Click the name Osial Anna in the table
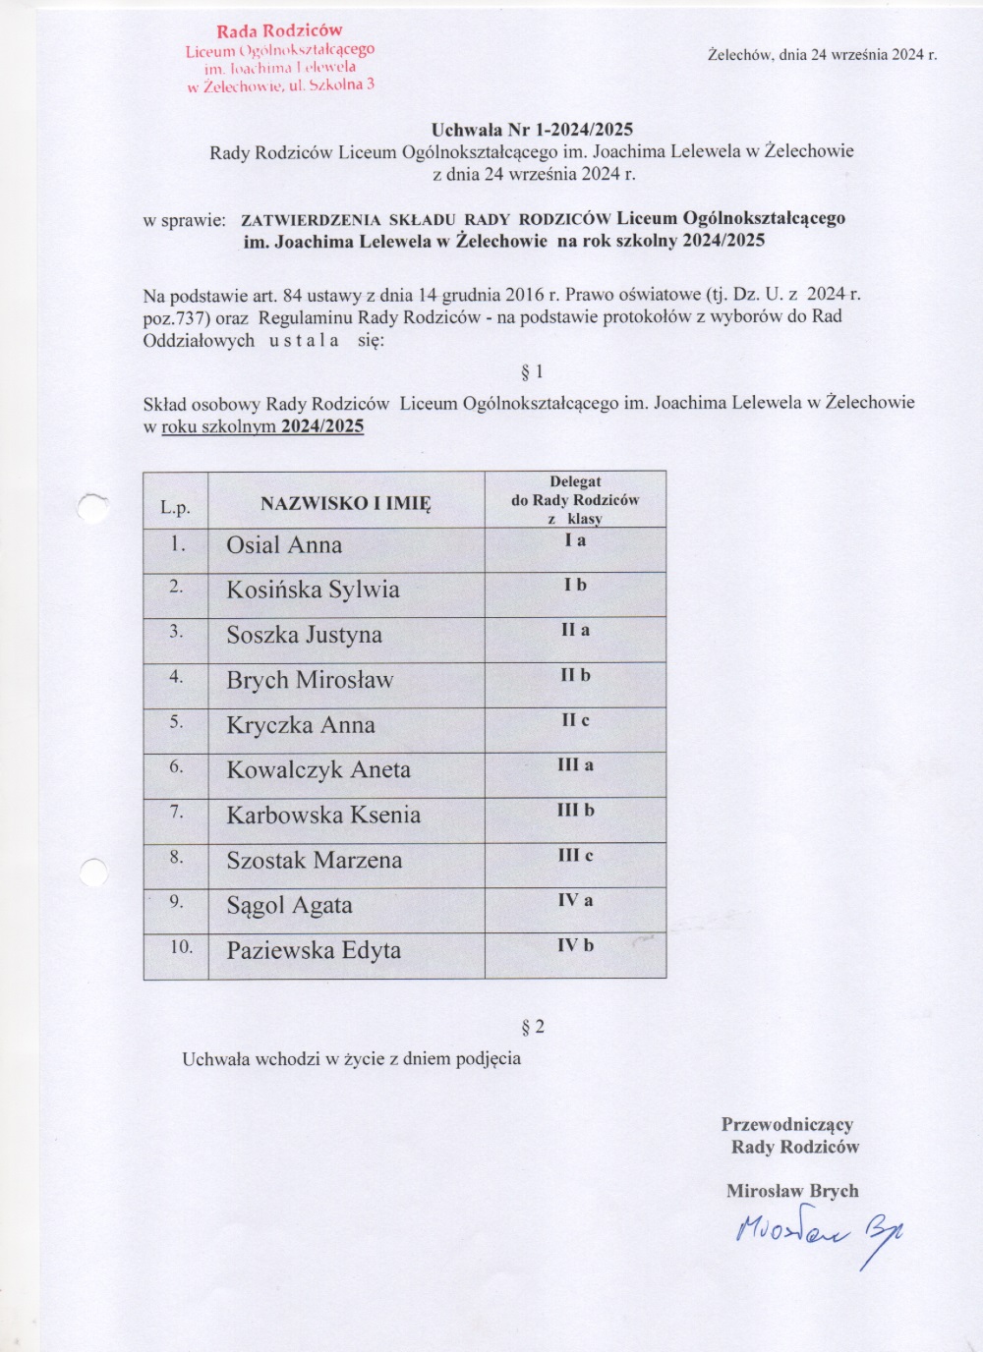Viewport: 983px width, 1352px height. pyautogui.click(x=284, y=545)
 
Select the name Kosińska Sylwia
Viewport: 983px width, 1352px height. pyautogui.click(x=313, y=590)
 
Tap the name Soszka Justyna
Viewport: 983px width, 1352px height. pyautogui.click(x=304, y=635)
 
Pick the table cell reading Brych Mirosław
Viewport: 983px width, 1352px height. pyautogui.click(x=310, y=680)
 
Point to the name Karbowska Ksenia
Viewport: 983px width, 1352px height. pyautogui.click(x=323, y=816)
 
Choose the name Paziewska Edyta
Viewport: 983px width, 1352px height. pyautogui.click(x=314, y=951)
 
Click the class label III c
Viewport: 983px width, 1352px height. pyautogui.click(x=575, y=856)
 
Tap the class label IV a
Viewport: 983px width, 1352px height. pyautogui.click(x=575, y=901)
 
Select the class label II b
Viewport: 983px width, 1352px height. pyautogui.click(x=575, y=676)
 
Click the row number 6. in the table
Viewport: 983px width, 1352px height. pyautogui.click(x=176, y=766)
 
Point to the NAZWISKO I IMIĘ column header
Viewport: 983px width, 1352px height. pyautogui.click(x=346, y=504)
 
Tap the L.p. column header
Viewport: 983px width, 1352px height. pyautogui.click(x=176, y=508)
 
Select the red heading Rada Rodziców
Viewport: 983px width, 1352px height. pyautogui.click(x=279, y=31)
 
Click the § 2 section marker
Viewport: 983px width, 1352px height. pyautogui.click(x=532, y=1027)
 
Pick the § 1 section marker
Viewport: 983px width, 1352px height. pyautogui.click(x=531, y=371)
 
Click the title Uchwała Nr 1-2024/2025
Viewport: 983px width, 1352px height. pyautogui.click(x=532, y=130)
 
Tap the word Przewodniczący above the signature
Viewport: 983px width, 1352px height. pyautogui.click(x=787, y=1124)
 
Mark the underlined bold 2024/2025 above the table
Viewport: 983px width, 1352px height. pyautogui.click(x=322, y=426)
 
